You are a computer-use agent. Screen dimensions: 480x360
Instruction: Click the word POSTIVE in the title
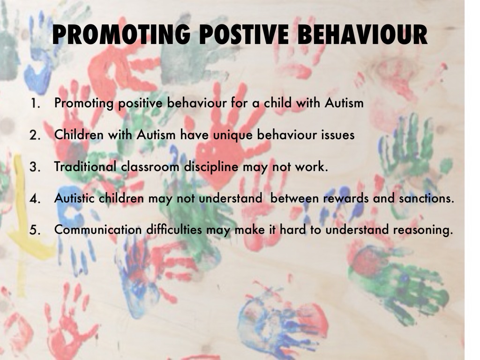244,35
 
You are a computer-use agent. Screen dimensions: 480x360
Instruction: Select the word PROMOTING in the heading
121,35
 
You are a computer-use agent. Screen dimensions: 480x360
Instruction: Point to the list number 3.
35,167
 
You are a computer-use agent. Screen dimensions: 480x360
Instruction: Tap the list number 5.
35,230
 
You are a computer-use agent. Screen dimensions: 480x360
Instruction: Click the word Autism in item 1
344,103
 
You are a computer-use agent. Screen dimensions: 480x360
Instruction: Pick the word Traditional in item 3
85,166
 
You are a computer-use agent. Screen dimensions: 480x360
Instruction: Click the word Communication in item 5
98,230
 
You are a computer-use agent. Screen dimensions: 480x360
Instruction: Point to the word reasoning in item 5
423,230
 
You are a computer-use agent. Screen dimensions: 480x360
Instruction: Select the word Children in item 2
79,135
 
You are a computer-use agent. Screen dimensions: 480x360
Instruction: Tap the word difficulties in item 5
174,230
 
